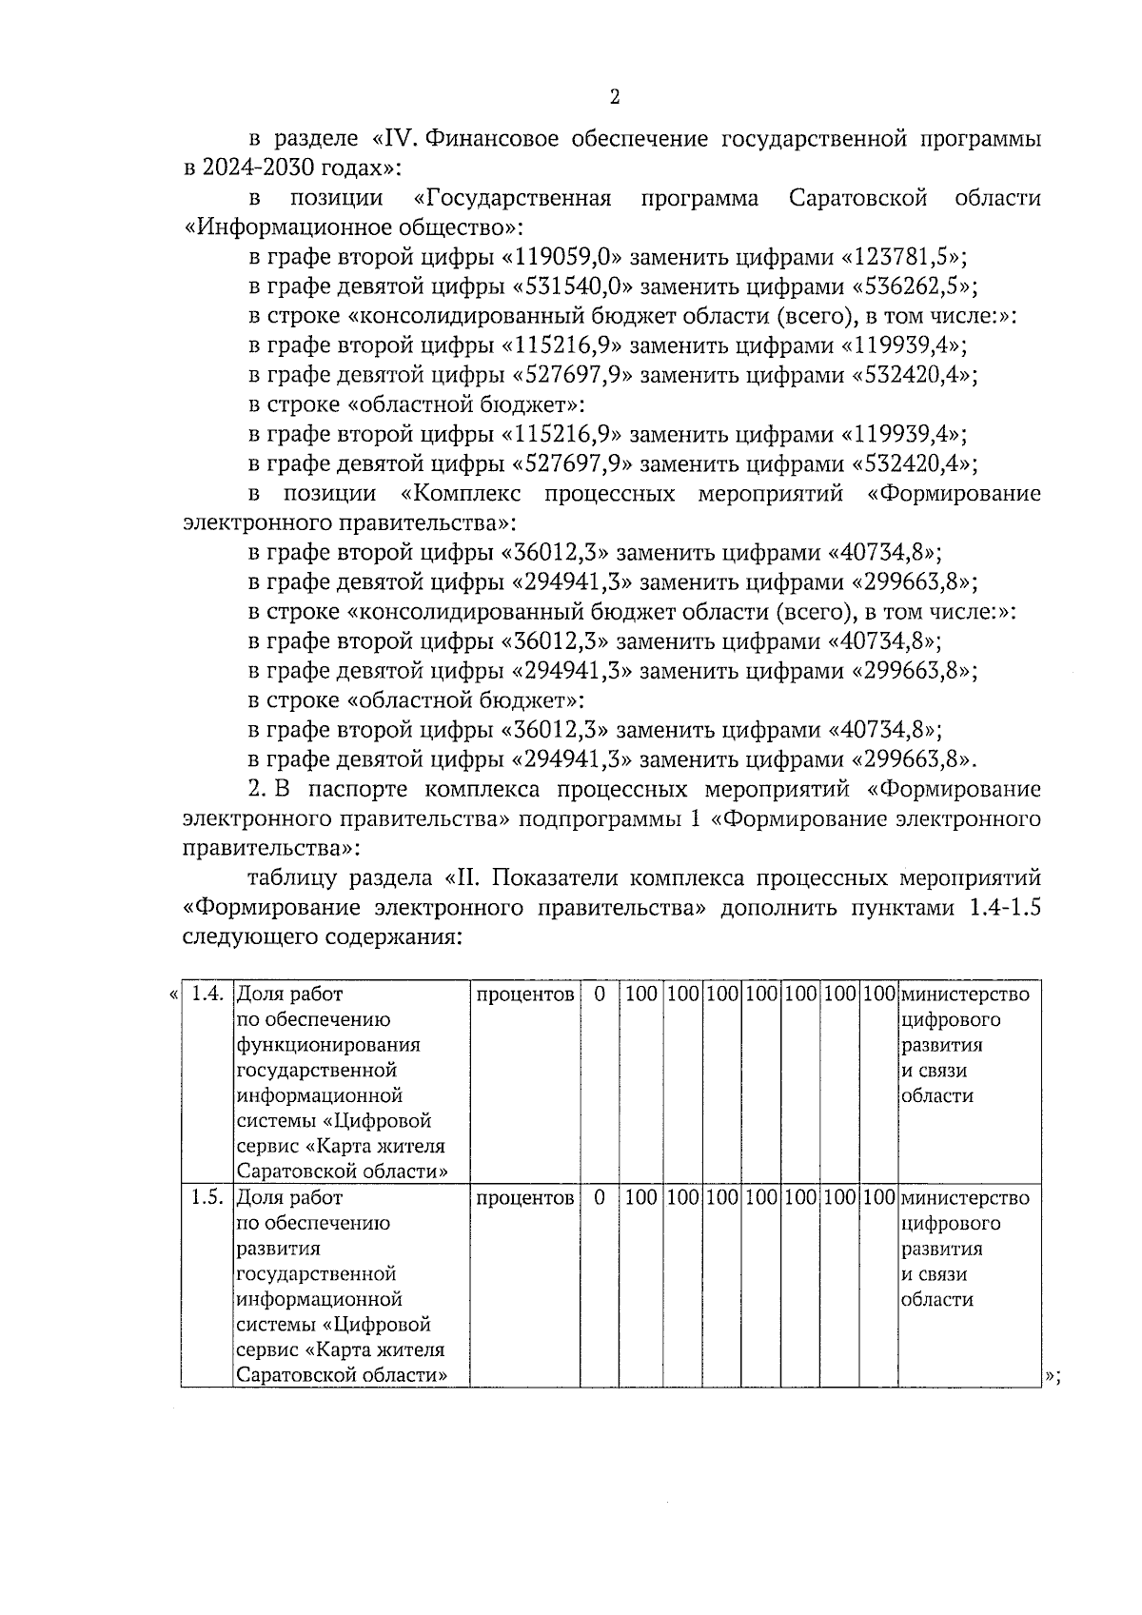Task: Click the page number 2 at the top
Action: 614,97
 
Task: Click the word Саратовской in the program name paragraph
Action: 857,199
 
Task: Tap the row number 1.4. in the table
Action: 207,995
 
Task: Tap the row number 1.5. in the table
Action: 207,1198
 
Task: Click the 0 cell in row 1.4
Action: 600,995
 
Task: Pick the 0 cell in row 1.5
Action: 600,1198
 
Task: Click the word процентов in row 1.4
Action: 524,995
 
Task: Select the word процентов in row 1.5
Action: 524,1198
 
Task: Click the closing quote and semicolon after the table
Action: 1053,1377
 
